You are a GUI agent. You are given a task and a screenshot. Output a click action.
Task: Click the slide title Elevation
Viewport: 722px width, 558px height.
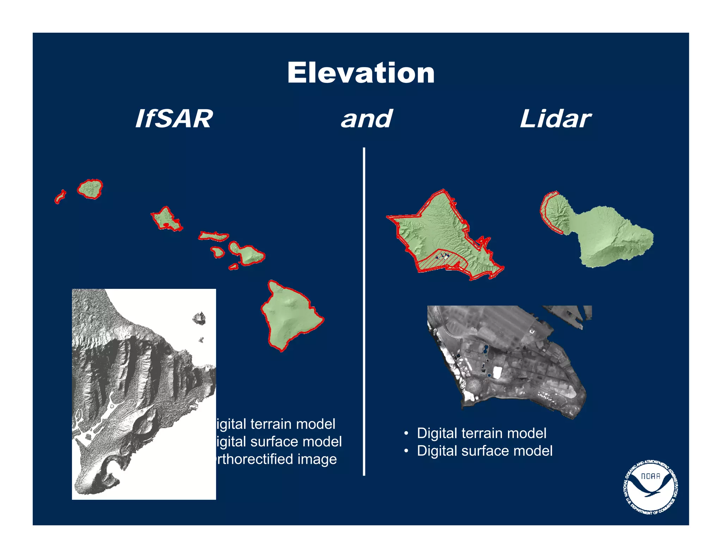tap(361, 73)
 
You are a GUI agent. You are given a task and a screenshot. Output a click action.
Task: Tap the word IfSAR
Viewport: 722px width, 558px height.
tap(174, 119)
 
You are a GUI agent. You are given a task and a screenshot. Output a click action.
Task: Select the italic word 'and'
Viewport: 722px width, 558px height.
tap(366, 119)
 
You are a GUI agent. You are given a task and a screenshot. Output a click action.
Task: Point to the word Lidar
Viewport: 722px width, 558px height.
tap(555, 119)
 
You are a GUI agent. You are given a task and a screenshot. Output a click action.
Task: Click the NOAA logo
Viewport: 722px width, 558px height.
tap(650, 487)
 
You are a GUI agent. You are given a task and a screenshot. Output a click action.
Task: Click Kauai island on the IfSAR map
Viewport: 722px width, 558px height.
tap(90, 189)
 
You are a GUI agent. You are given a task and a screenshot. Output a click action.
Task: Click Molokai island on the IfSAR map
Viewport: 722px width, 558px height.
tap(214, 236)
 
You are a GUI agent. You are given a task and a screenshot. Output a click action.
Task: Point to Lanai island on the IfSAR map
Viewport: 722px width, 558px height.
tap(218, 252)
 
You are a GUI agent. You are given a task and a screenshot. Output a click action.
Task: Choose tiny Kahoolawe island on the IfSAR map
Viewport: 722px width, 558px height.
tap(233, 267)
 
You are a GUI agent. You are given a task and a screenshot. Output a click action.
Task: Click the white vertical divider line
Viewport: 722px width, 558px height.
tap(364, 310)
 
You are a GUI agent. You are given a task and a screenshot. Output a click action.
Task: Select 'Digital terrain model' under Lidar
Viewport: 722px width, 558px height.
tap(482, 433)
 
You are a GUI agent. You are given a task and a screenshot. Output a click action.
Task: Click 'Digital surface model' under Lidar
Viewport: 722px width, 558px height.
tap(485, 451)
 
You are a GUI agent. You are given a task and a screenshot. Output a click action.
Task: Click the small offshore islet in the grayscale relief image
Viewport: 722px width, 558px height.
tap(200, 318)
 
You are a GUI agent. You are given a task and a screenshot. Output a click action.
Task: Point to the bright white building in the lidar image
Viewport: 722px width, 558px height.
tap(497, 372)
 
